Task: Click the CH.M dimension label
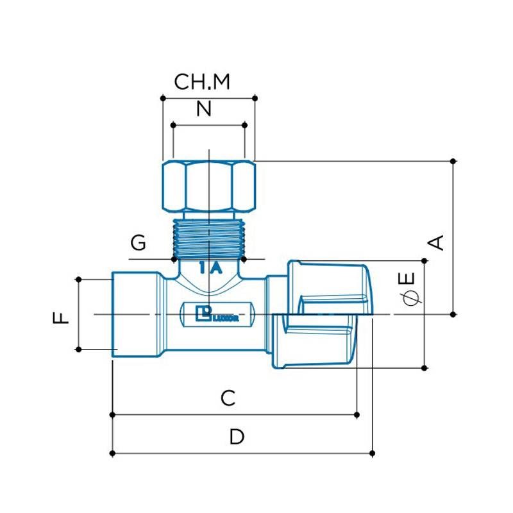tap(202, 82)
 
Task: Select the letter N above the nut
tap(203, 109)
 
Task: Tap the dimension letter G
tap(138, 244)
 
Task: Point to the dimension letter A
tap(437, 242)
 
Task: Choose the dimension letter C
tap(228, 398)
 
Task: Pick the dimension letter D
tap(237, 437)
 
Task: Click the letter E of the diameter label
tap(408, 280)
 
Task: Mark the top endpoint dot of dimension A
tap(454, 160)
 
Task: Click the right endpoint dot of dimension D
tap(373, 454)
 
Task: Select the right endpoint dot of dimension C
tap(357, 415)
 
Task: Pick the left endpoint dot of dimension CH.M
tap(163, 98)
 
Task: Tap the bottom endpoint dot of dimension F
tap(78, 349)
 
